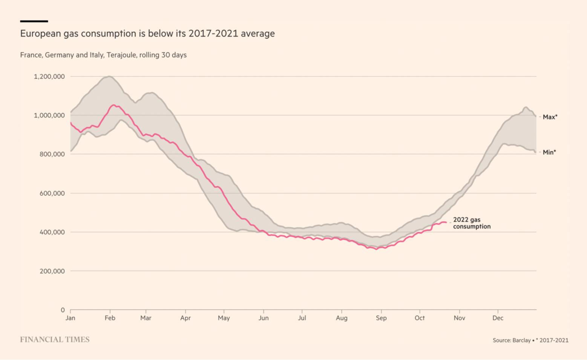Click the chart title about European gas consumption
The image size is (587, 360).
tap(147, 34)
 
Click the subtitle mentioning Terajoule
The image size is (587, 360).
tap(103, 55)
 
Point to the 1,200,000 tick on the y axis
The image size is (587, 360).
tap(49, 77)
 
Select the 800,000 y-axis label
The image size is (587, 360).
tap(52, 154)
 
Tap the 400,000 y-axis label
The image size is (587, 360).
tap(52, 232)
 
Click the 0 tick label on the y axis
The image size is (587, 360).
tap(63, 310)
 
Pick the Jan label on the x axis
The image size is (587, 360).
tap(71, 318)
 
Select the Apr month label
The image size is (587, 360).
tap(185, 318)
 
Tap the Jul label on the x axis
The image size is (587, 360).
tap(302, 318)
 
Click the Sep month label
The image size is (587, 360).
tap(381, 318)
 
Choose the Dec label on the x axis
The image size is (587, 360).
tap(498, 318)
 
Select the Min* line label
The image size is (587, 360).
tap(549, 152)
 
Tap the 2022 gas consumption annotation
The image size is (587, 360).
tap(472, 223)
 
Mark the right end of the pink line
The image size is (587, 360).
tap(446, 222)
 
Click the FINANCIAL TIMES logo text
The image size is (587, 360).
tap(55, 340)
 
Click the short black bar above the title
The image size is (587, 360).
tap(34, 21)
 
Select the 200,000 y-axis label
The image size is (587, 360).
tap(52, 271)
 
